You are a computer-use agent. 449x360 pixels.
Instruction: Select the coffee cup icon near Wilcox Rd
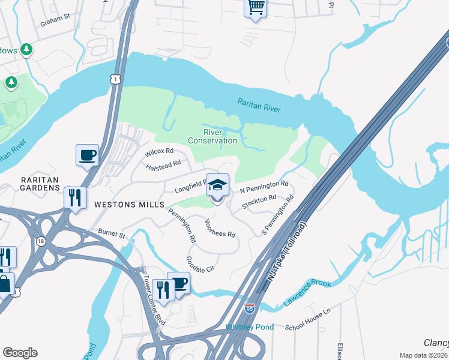coord(87,155)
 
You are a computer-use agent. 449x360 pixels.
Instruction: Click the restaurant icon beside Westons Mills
coord(75,197)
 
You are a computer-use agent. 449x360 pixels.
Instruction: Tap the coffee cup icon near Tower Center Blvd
coord(179,283)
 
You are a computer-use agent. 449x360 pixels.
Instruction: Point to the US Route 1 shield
coord(114,79)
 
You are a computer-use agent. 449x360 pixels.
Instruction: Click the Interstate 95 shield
coord(250,309)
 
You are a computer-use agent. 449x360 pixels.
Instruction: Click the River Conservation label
coord(212,136)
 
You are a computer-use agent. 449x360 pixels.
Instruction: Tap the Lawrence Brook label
coord(307,291)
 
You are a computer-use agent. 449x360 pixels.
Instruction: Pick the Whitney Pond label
coord(250,327)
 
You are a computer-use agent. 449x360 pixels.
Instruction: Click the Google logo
coord(20,353)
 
